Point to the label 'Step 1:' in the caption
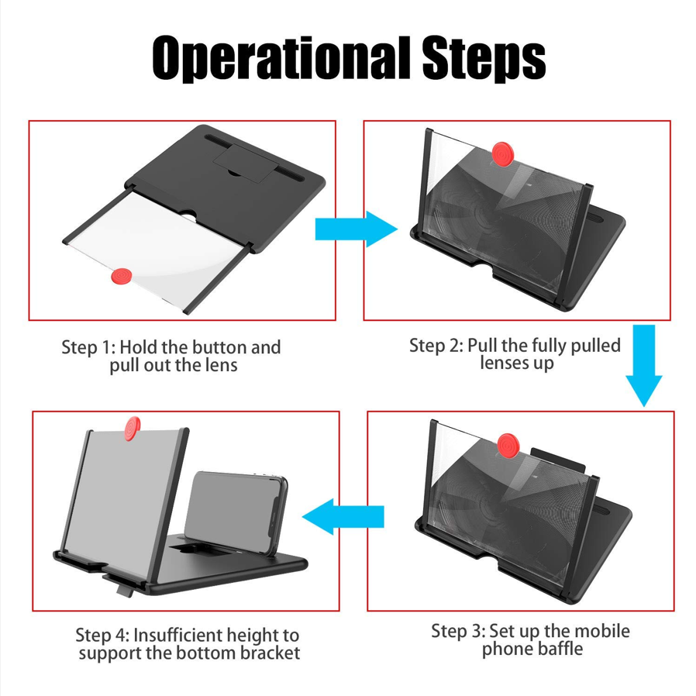pyautogui.click(x=88, y=347)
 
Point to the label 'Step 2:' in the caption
pyautogui.click(x=436, y=345)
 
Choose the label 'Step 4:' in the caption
pyautogui.click(x=102, y=636)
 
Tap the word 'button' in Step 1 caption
pyautogui.click(x=204, y=347)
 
